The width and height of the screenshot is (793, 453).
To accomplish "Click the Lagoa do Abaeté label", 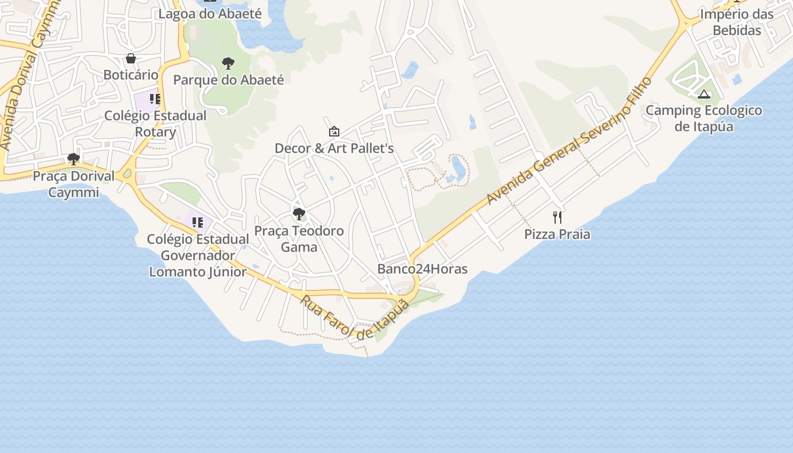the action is point(210,14).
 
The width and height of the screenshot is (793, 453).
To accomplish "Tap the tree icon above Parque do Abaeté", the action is point(228,63).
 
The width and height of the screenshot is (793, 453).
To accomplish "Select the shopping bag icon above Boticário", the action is point(131,58).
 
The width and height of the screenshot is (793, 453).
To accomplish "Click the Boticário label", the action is point(131,75).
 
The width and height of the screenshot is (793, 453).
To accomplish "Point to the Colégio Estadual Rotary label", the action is point(155,124).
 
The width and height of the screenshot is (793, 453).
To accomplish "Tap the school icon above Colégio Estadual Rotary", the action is point(155,100).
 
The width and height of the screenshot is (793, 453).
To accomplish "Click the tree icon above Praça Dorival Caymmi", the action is point(73,159).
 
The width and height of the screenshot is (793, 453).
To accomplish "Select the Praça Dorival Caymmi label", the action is point(74,184).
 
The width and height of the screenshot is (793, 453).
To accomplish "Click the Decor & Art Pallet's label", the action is point(334,148).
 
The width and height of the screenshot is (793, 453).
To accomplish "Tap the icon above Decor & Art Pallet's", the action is point(334,132).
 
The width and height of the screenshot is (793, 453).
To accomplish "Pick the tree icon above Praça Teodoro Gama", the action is point(299,214).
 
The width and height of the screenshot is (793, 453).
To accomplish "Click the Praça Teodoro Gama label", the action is point(299,239).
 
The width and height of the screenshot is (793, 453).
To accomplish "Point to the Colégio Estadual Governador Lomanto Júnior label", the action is point(198,255).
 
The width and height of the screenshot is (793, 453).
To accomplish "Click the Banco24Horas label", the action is point(423,269).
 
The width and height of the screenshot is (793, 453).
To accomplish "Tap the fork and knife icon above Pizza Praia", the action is point(557,217).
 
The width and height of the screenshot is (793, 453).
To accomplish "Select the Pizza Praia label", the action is point(557,234).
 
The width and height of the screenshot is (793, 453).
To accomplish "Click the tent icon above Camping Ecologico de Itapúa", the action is point(704,94).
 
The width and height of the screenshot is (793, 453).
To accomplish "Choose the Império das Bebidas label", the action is point(737,22).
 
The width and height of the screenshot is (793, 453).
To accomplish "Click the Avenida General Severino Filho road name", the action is point(569,142).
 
